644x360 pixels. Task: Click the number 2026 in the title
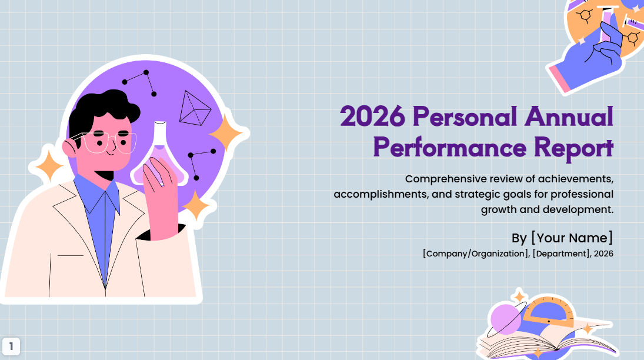pyautogui.click(x=372, y=116)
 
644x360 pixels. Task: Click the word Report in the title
pyautogui.click(x=573, y=146)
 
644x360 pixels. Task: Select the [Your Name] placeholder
pyautogui.click(x=572, y=238)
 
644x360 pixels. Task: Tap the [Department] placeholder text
pyautogui.click(x=561, y=254)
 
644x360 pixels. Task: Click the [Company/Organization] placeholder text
pyautogui.click(x=475, y=254)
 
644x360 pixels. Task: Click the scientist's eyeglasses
pyautogui.click(x=109, y=142)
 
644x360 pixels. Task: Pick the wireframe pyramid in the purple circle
pyautogui.click(x=195, y=109)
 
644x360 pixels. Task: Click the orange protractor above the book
pyautogui.click(x=548, y=312)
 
